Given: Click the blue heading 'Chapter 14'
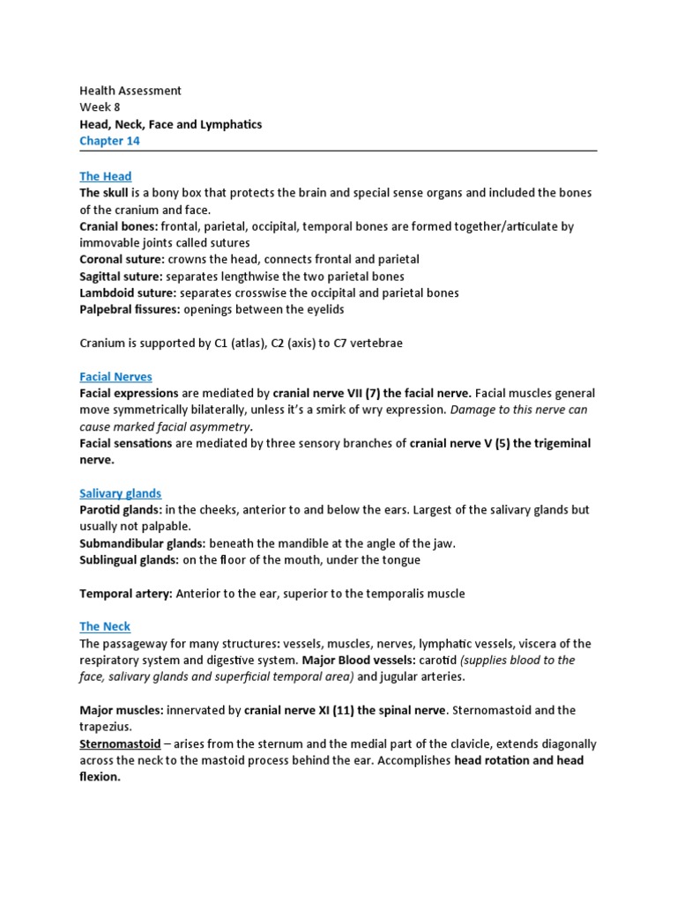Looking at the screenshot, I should click(109, 141).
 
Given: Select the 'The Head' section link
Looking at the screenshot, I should click(105, 176).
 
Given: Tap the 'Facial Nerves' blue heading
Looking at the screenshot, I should click(115, 376).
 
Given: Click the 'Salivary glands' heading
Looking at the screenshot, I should click(120, 493).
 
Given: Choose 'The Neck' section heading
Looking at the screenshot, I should click(105, 626).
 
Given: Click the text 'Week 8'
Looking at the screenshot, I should click(100, 107).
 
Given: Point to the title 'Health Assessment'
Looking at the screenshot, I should click(130, 91).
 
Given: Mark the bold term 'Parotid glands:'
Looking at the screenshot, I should click(120, 510).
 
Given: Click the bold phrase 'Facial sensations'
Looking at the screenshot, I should click(125, 443).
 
